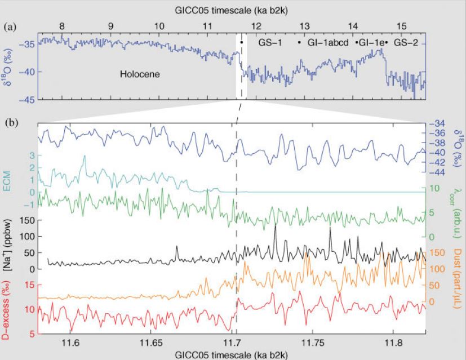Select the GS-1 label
pyautogui.click(x=269, y=42)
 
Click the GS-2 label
pyautogui.click(x=405, y=42)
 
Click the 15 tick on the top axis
pyautogui.click(x=402, y=25)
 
